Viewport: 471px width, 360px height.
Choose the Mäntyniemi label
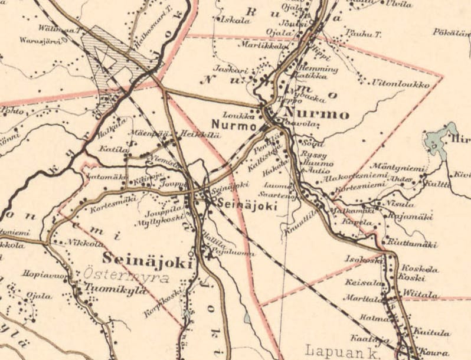[399, 169]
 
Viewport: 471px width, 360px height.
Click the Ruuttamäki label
[411, 244]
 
